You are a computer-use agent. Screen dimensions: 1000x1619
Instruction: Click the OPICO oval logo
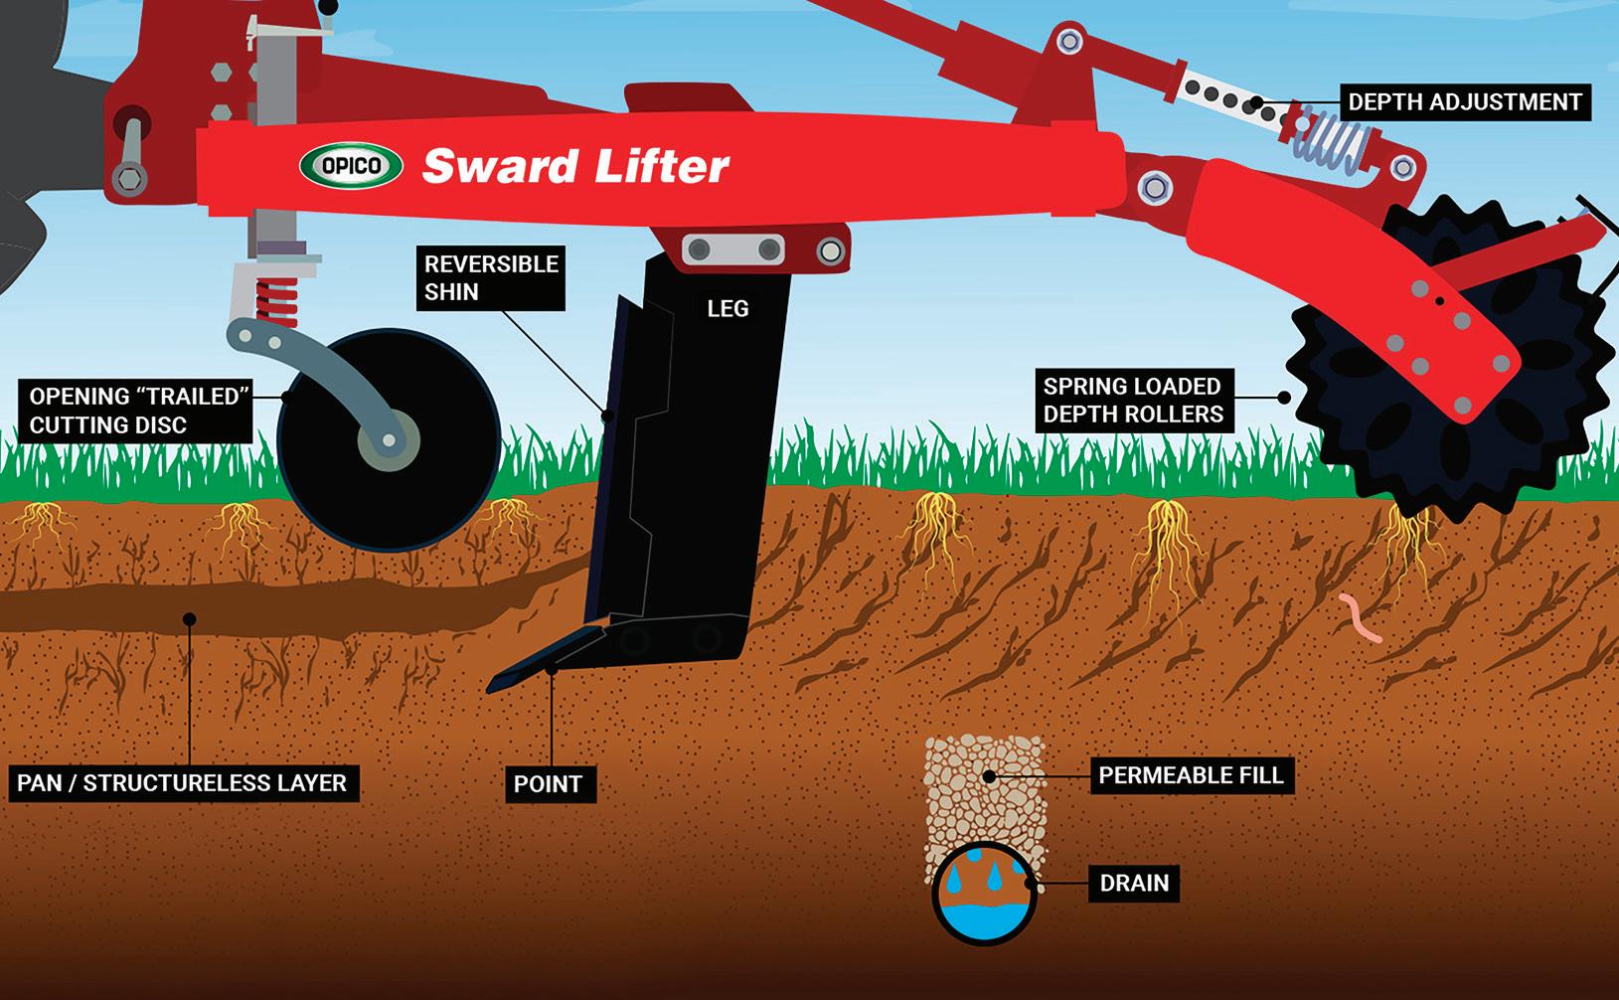pos(351,165)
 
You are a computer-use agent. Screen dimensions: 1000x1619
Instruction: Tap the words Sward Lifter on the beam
pos(575,166)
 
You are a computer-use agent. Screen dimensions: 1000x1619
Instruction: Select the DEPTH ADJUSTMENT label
pos(1464,101)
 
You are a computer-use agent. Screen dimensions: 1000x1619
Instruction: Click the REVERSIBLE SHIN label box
pos(491,278)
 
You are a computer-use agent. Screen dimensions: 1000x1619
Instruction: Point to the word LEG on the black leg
pos(728,309)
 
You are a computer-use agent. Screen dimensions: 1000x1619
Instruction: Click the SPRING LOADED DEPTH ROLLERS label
pos(1132,401)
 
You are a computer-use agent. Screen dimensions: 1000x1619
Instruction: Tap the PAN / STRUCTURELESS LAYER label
pos(182,783)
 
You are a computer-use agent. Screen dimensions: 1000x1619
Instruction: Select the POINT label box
pos(548,784)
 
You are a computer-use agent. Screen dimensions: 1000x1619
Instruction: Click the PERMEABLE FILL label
pos(1191,774)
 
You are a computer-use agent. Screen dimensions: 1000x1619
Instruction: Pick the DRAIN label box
pos(1134,883)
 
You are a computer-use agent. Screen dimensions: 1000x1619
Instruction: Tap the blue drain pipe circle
pos(984,895)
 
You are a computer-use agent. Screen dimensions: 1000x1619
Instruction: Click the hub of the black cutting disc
pos(389,440)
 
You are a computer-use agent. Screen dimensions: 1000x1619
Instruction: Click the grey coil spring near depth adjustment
pos(1330,139)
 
